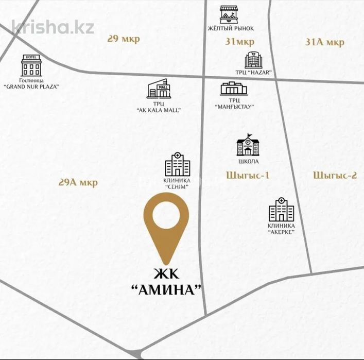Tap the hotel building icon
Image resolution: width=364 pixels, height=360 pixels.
click(x=31, y=65)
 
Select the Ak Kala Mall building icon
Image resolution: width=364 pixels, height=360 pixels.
click(x=158, y=89)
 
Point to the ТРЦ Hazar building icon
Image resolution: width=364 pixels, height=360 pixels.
click(x=253, y=60)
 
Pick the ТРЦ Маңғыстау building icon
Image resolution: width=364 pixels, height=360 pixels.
click(x=234, y=89)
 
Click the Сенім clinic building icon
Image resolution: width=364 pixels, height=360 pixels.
click(x=177, y=165)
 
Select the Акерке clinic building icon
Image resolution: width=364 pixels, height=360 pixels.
click(x=281, y=210)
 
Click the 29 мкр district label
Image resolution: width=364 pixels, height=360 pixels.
click(x=124, y=40)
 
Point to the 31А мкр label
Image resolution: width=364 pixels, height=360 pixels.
click(x=325, y=42)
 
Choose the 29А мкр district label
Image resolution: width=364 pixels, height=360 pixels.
click(x=78, y=182)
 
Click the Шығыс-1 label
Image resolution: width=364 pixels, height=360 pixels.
click(x=248, y=175)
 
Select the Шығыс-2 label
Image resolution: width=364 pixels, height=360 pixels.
click(x=335, y=175)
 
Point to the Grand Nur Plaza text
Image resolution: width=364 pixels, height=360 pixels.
click(x=31, y=87)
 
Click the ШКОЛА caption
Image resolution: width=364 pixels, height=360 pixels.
click(x=248, y=162)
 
